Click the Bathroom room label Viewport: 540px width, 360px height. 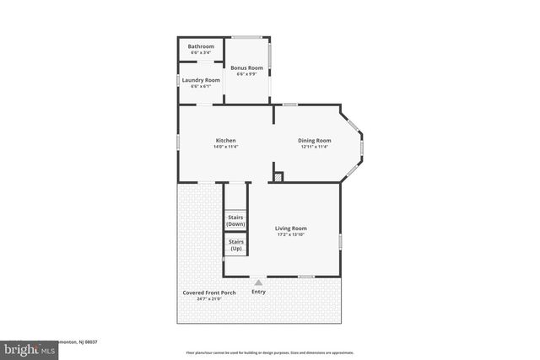[x=201, y=46]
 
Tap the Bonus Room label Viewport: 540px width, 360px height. [x=247, y=67]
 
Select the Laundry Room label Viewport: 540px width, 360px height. [x=201, y=80]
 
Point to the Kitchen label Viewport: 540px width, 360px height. [x=225, y=141]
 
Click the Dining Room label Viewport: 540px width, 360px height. [x=315, y=141]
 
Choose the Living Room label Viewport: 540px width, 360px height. [x=291, y=228]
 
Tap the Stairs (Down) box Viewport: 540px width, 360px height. [x=235, y=221]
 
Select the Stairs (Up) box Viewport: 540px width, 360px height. [x=235, y=245]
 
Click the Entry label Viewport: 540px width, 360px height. [x=258, y=292]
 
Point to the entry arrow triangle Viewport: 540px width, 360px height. [x=258, y=283]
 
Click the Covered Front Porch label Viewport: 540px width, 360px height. [x=209, y=293]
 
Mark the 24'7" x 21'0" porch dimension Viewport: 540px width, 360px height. [x=209, y=299]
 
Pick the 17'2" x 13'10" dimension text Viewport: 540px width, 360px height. [x=291, y=235]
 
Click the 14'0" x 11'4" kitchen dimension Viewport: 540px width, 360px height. [x=225, y=148]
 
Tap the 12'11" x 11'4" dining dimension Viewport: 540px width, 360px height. [x=315, y=148]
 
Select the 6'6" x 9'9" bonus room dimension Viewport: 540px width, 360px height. [x=247, y=74]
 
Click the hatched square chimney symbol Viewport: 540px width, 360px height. [x=278, y=177]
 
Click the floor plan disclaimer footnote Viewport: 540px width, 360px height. [x=270, y=352]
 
